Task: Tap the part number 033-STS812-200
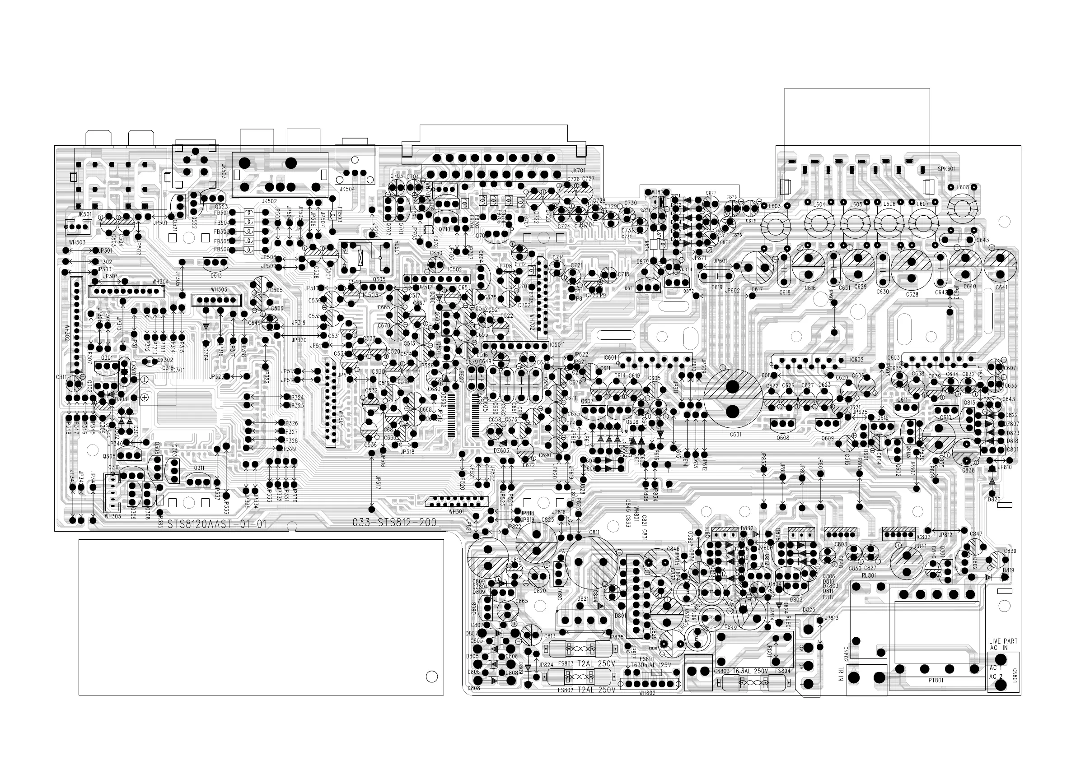pos(394,523)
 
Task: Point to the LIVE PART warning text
pos(1003,641)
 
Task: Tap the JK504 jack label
pos(347,189)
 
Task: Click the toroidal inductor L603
pos(776,226)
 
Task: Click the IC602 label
pos(856,360)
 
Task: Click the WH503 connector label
pos(77,242)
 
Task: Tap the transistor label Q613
pos(215,276)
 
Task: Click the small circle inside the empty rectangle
pos(431,677)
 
